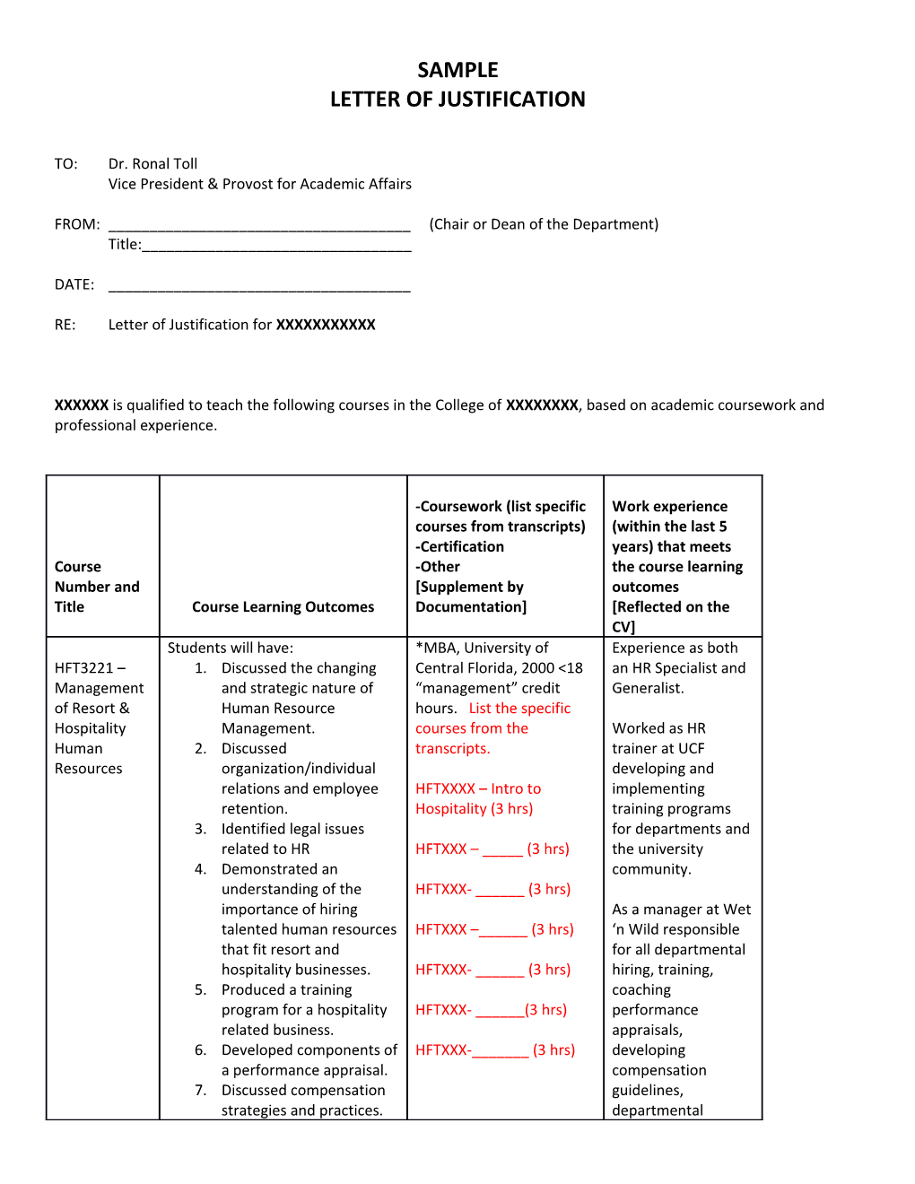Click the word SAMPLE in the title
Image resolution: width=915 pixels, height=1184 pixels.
(457, 70)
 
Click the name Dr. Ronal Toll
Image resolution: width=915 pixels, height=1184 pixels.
(152, 163)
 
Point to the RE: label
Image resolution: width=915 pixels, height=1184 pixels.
(65, 325)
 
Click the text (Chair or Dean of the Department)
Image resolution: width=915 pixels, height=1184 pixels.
(544, 224)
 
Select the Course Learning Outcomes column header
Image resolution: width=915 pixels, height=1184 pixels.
(283, 607)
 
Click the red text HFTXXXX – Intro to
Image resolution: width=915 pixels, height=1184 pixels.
(478, 788)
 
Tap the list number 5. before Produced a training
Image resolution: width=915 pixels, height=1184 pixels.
(200, 990)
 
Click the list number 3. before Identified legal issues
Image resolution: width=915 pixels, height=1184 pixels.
(200, 829)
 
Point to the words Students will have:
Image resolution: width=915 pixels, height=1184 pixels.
(231, 648)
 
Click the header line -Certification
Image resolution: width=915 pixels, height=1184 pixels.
(460, 546)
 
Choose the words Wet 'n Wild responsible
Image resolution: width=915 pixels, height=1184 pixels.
(682, 920)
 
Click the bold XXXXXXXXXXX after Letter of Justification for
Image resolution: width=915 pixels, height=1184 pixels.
(326, 325)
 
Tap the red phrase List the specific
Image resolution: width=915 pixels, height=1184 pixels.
(519, 709)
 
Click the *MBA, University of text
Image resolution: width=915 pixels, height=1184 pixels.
(482, 648)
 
